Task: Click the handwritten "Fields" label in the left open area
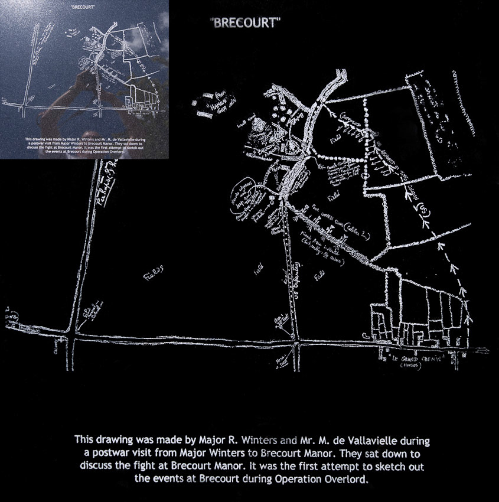click(153, 272)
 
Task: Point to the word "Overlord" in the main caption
click(346, 480)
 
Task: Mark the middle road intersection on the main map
click(295, 341)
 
